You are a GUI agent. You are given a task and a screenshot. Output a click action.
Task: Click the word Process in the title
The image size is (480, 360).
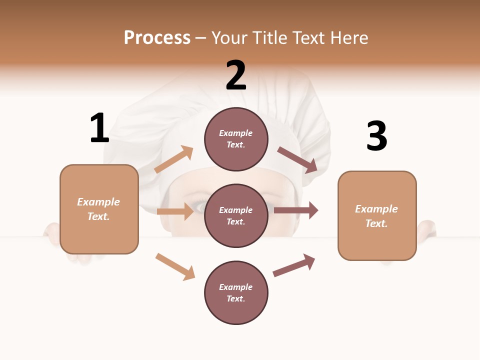pos(157,37)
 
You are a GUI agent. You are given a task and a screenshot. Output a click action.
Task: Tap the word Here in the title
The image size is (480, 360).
pos(348,37)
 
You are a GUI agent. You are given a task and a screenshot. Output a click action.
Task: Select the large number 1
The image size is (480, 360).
pos(99,128)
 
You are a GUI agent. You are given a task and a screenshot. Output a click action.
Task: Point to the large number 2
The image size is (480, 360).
pos(236,75)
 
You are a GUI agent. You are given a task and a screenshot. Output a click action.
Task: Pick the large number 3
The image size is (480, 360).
pos(376,136)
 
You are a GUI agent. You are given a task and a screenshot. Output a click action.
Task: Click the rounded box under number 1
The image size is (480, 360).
pos(99,209)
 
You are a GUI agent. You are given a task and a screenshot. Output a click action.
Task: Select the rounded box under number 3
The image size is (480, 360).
pos(377,216)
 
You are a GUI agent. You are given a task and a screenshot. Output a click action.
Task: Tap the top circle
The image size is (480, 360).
pos(236,139)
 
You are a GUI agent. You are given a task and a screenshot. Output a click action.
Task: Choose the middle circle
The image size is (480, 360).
pos(236,215)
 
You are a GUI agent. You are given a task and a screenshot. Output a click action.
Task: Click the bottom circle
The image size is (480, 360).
pos(236,292)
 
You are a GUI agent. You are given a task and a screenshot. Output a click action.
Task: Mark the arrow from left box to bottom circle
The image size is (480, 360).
pos(175,266)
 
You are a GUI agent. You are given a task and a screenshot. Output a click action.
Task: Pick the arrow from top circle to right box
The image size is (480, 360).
pos(297,159)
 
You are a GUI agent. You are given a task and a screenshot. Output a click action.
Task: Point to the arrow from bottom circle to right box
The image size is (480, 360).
pos(294,265)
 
